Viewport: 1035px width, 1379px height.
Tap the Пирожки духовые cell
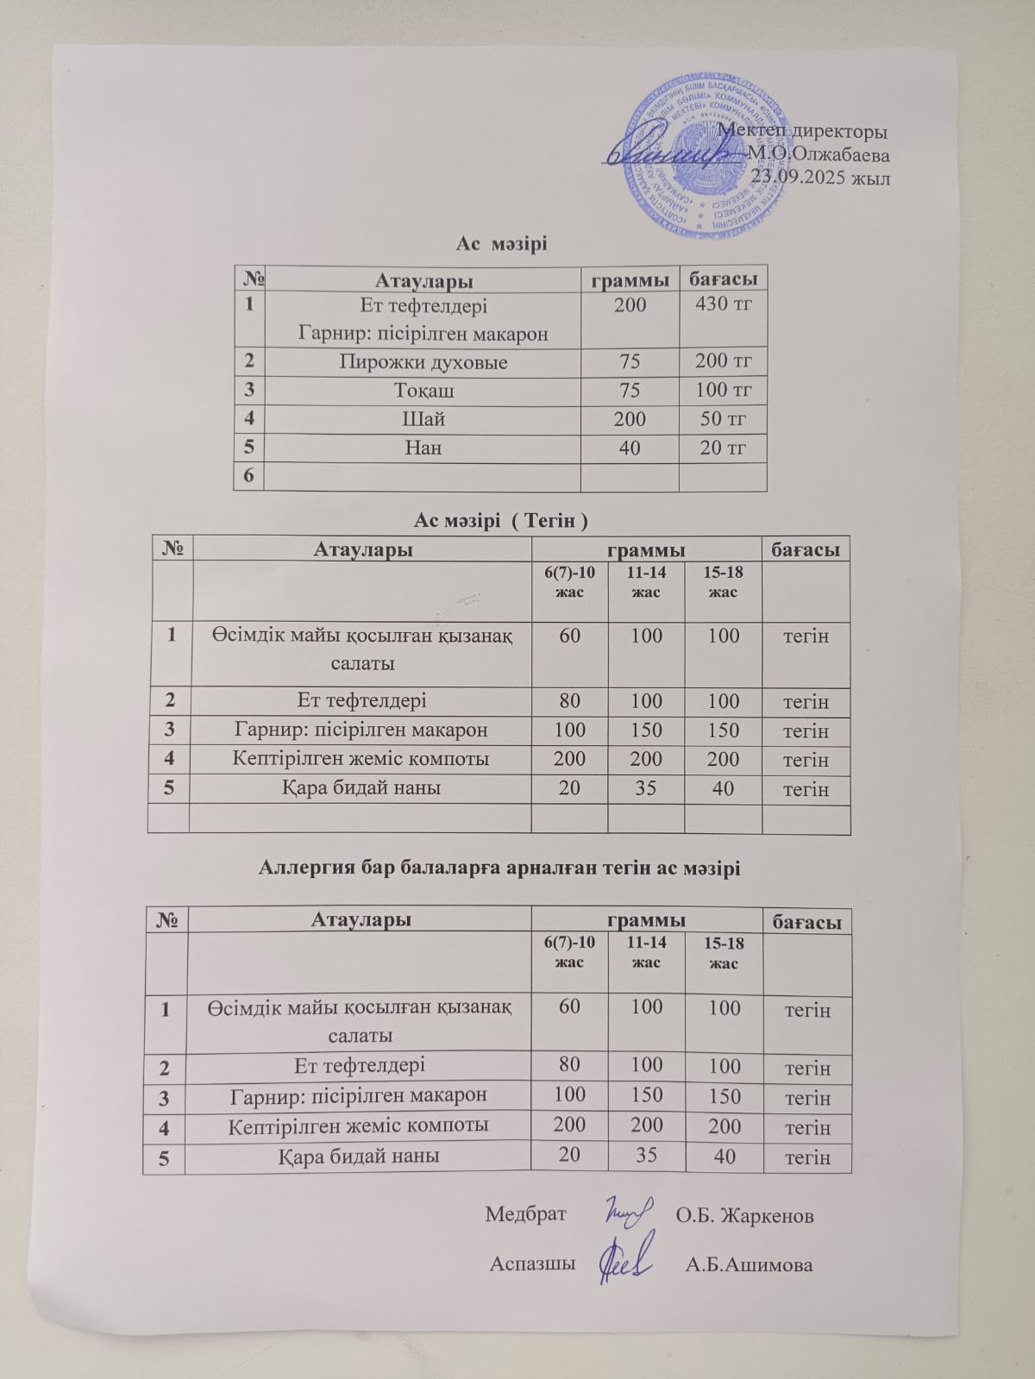tap(422, 362)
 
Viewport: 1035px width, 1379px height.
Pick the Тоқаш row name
tap(422, 391)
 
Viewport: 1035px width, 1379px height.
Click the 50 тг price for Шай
tap(723, 420)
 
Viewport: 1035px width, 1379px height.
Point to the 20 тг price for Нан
tap(723, 448)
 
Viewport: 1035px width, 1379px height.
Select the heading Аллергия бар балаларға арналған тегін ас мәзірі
tap(499, 868)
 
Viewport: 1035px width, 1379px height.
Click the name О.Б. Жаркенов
tap(744, 1215)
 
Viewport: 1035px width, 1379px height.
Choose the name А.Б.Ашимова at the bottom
tap(749, 1265)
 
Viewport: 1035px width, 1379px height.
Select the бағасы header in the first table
tap(723, 279)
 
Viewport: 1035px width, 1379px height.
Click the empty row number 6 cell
tap(248, 476)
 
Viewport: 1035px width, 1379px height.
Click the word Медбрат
tap(525, 1214)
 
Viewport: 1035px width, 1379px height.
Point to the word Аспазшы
tap(532, 1264)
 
